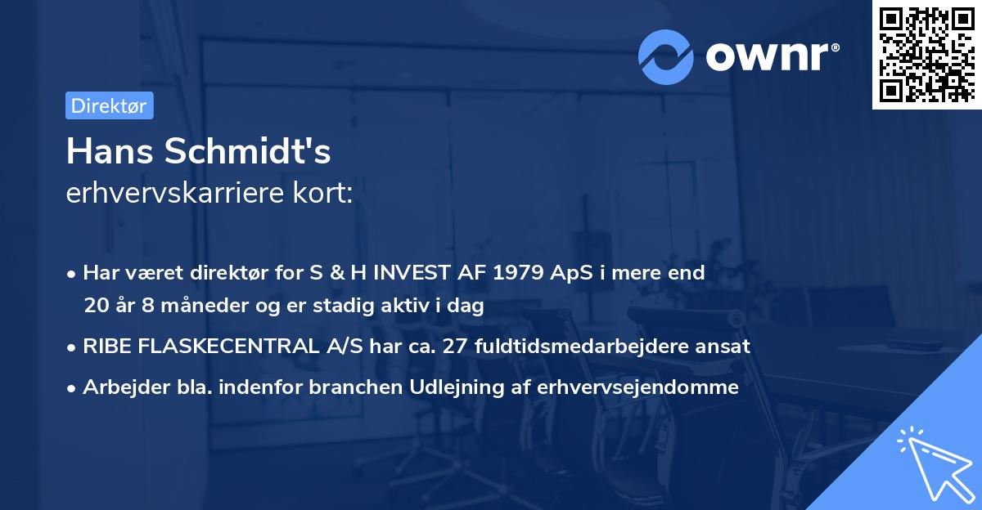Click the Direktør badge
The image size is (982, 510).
(109, 105)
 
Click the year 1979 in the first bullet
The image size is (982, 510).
(515, 273)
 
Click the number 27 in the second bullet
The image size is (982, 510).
(454, 347)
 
